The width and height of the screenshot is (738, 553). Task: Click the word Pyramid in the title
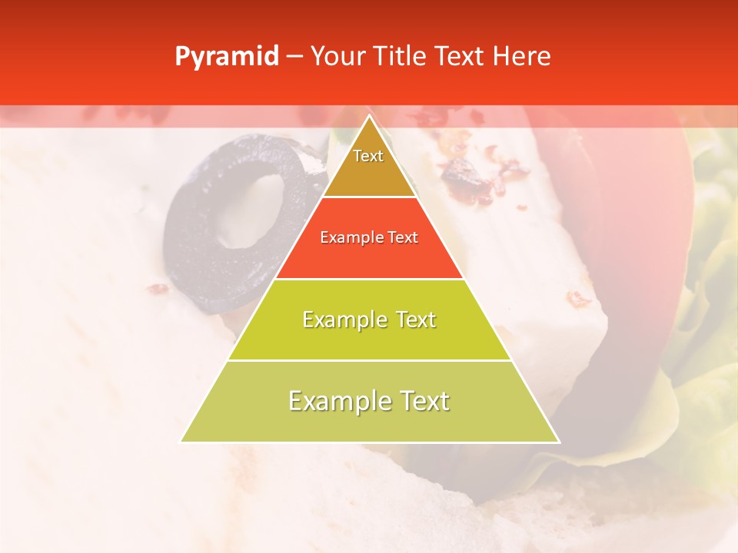pyautogui.click(x=226, y=57)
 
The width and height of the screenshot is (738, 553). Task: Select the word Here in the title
pyautogui.click(x=521, y=57)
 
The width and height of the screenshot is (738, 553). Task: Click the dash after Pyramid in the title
pyautogui.click(x=294, y=57)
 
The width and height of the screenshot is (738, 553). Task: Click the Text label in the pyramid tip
pyautogui.click(x=368, y=156)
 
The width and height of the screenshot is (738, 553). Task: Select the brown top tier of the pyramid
pyautogui.click(x=369, y=173)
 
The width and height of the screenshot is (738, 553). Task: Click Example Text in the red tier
pyautogui.click(x=369, y=237)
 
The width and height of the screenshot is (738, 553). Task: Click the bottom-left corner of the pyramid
pyautogui.click(x=181, y=442)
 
